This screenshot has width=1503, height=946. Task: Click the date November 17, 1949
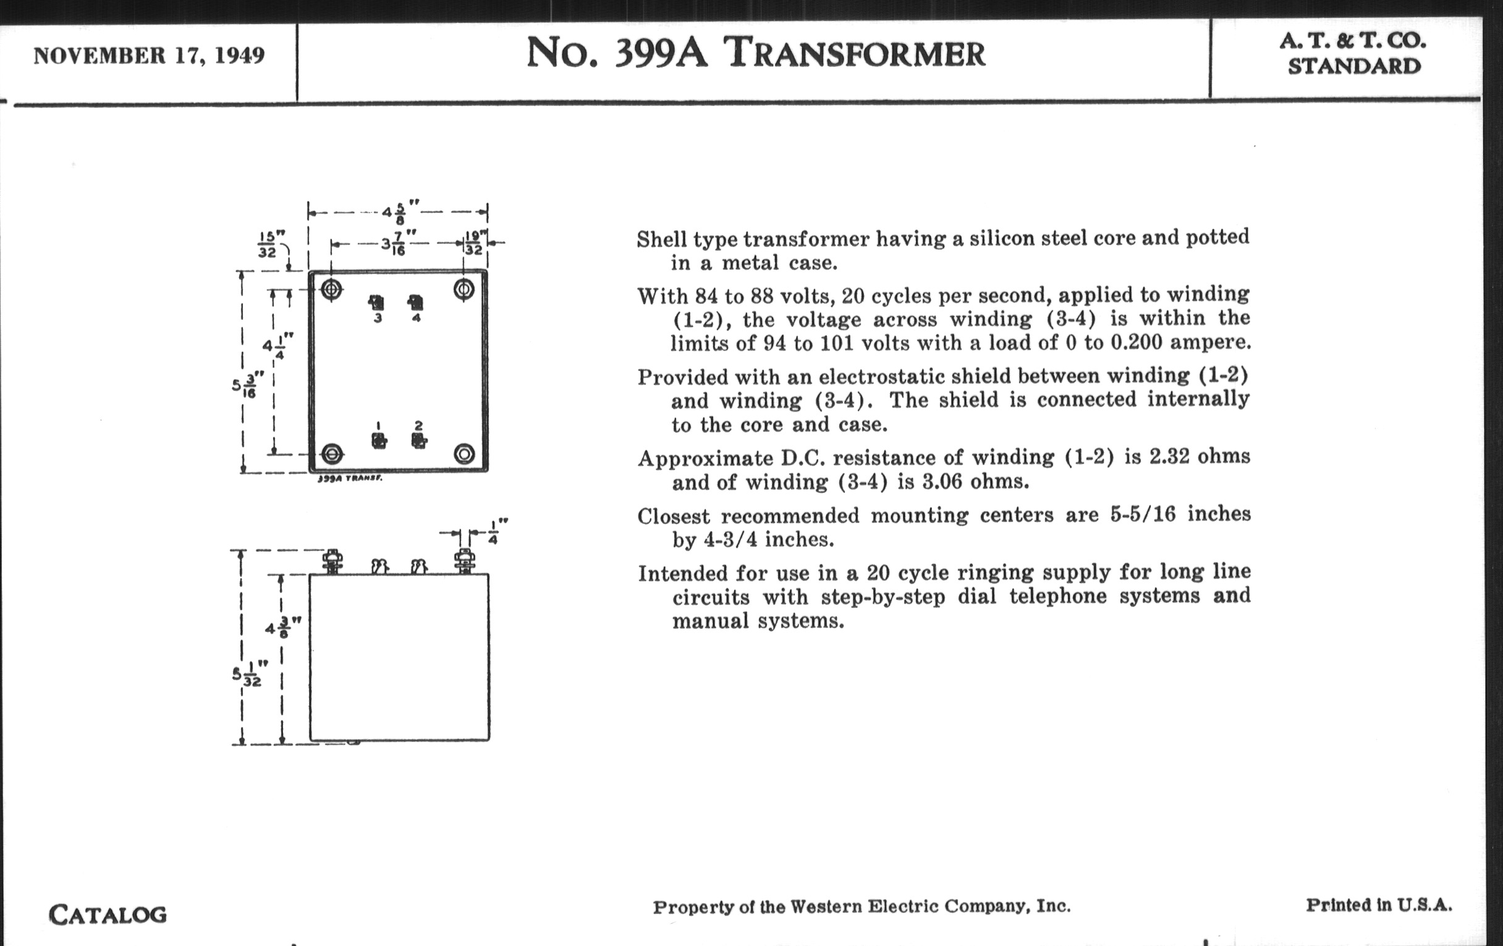(x=149, y=56)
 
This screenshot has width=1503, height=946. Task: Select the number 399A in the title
(x=661, y=53)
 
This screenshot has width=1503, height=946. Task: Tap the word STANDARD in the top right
(x=1354, y=66)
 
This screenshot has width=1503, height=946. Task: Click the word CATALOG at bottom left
(x=108, y=915)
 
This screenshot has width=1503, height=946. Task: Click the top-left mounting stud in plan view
(x=331, y=289)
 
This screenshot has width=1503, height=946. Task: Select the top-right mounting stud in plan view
(x=464, y=289)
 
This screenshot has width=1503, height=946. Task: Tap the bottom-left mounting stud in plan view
(x=332, y=453)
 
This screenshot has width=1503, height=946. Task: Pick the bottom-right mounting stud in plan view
(x=464, y=453)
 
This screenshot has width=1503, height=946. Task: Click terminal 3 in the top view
(x=376, y=304)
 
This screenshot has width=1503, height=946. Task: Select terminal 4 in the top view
(x=416, y=303)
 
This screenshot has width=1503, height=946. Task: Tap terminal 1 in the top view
(x=378, y=440)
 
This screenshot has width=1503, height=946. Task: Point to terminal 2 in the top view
(x=419, y=440)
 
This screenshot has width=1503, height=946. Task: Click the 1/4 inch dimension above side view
(x=493, y=531)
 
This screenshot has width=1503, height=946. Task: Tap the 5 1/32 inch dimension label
(x=248, y=677)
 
